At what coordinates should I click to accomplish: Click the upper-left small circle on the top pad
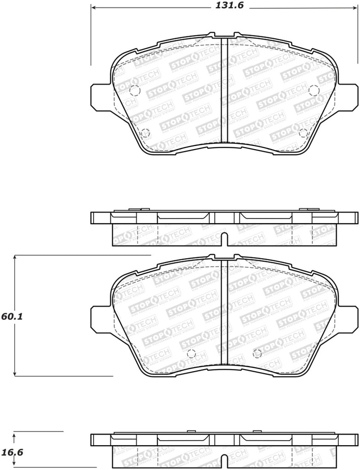click(x=134, y=90)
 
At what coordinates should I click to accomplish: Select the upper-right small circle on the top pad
click(x=314, y=90)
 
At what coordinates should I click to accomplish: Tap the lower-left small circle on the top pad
click(x=145, y=134)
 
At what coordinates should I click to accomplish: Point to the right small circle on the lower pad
click(x=257, y=353)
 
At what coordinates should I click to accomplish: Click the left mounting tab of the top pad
click(x=99, y=96)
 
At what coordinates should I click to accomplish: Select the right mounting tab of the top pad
click(x=349, y=96)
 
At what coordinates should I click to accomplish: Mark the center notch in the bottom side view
click(x=224, y=460)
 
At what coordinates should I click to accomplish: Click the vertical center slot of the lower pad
click(x=224, y=317)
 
